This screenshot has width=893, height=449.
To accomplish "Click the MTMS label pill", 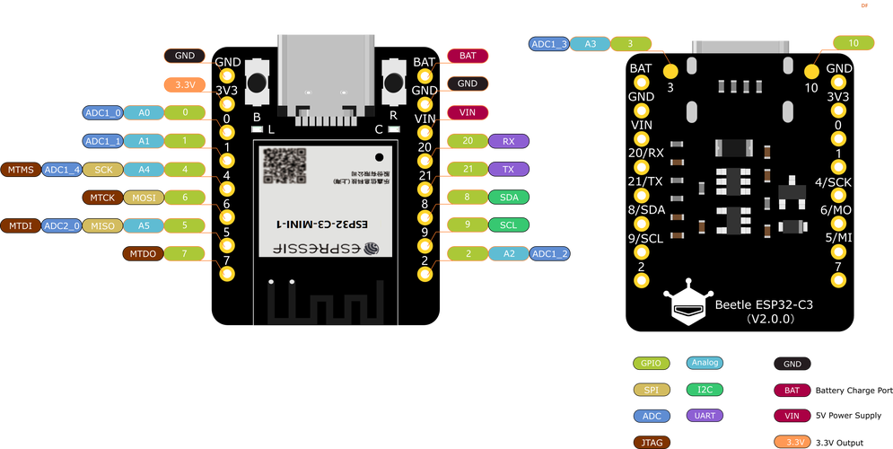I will click(19, 169).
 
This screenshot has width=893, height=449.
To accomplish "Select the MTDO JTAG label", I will click(143, 254).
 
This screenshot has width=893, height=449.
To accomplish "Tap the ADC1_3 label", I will click(548, 43).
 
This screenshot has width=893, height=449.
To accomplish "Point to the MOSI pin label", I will click(143, 198).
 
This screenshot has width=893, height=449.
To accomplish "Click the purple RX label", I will click(509, 141).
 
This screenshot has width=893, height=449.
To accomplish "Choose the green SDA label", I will click(509, 197).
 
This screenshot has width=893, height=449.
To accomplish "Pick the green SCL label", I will click(509, 224).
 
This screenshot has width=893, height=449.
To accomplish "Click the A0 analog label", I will click(143, 112).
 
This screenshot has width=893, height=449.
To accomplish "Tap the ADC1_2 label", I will click(549, 254).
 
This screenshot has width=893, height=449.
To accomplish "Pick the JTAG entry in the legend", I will click(650, 442).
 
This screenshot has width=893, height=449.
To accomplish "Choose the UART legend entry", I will click(705, 416).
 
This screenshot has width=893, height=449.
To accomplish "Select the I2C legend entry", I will click(705, 390).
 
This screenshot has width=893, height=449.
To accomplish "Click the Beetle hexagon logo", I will click(687, 304).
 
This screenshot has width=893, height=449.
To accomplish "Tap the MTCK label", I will click(101, 198).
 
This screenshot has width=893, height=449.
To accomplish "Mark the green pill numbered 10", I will click(854, 42).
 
